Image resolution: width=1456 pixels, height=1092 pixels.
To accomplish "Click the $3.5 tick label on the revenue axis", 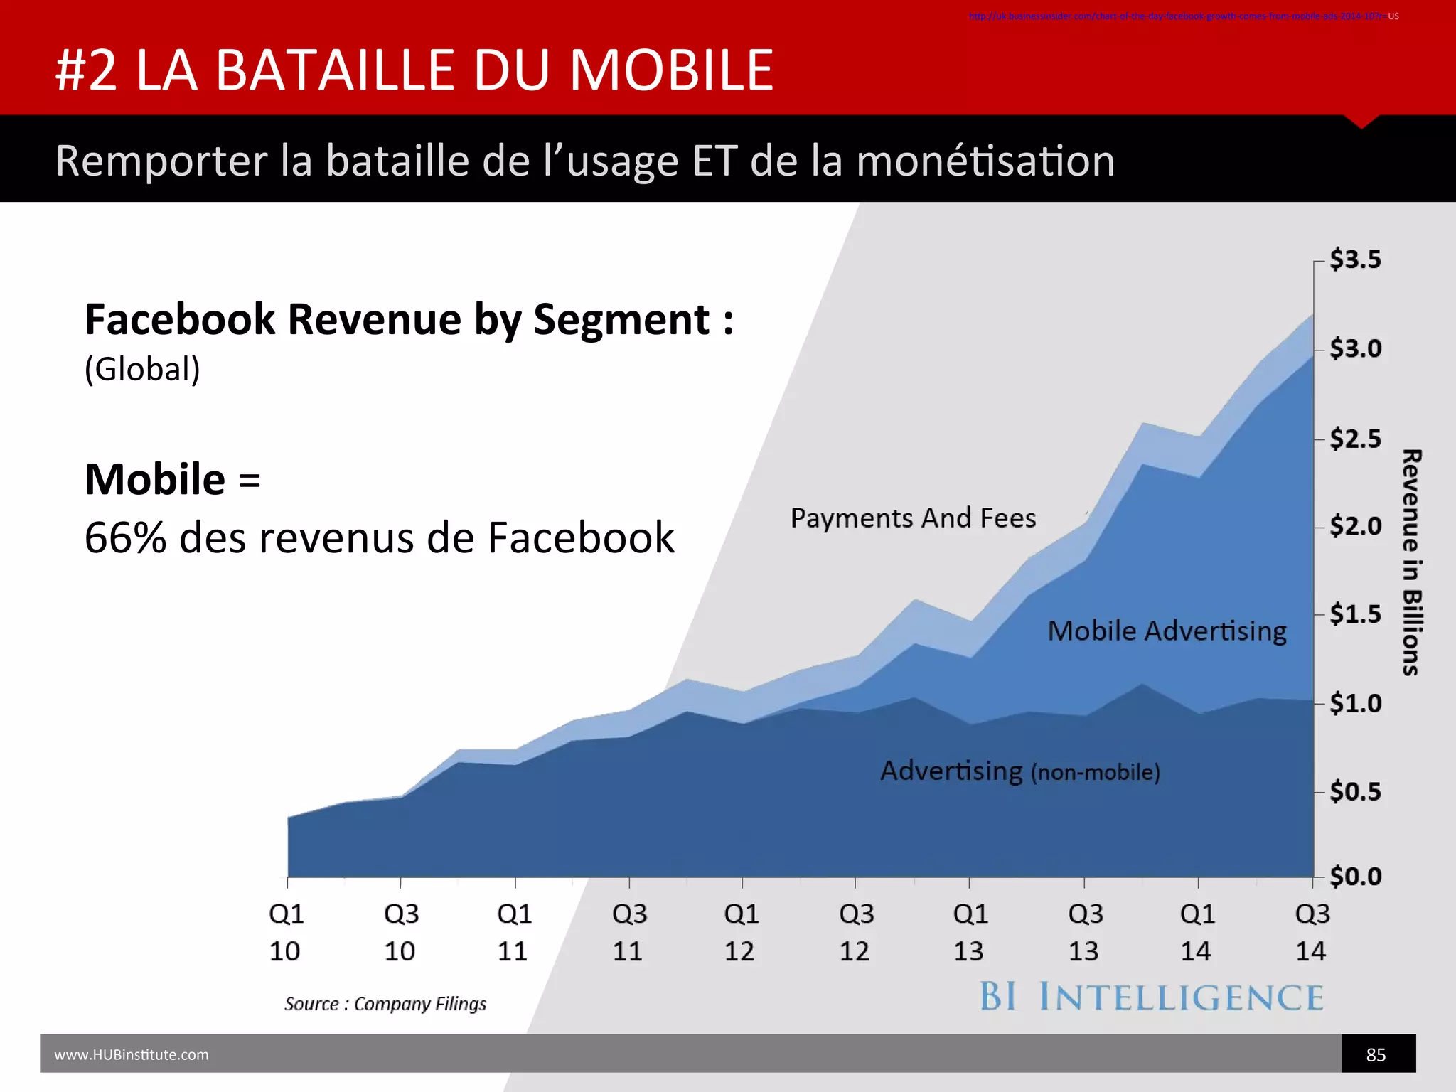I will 1355,259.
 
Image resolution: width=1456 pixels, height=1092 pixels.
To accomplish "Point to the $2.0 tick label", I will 1355,526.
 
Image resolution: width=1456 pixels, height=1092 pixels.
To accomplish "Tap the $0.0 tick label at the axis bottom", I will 1355,877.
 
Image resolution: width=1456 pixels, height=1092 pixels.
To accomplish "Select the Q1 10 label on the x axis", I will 286,932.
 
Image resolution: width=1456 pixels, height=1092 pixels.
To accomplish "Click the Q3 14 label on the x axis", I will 1312,932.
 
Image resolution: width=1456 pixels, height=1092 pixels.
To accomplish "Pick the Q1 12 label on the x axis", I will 741,932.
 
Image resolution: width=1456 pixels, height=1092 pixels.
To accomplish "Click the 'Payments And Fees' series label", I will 913,518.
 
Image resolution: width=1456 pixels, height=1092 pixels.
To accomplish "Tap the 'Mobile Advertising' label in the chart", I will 1167,631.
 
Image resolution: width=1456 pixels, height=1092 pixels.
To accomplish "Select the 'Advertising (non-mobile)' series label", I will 1020,771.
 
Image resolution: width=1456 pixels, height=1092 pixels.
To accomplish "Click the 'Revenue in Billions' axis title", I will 1411,562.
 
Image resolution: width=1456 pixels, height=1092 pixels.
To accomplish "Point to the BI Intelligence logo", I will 1152,997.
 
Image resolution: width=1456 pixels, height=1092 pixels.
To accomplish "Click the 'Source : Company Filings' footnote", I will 385,1004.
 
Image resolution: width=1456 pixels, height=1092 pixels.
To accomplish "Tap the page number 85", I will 1376,1055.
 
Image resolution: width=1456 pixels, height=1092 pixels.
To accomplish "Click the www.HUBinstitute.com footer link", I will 132,1055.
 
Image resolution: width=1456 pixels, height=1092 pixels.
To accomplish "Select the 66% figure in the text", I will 125,537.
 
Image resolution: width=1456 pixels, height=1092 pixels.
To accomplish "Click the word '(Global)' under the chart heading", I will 142,369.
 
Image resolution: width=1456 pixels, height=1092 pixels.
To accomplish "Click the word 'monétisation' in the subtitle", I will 985,161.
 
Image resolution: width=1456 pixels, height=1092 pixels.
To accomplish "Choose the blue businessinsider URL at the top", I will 1177,16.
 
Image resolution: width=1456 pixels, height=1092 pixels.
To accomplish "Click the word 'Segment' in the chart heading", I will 621,319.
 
